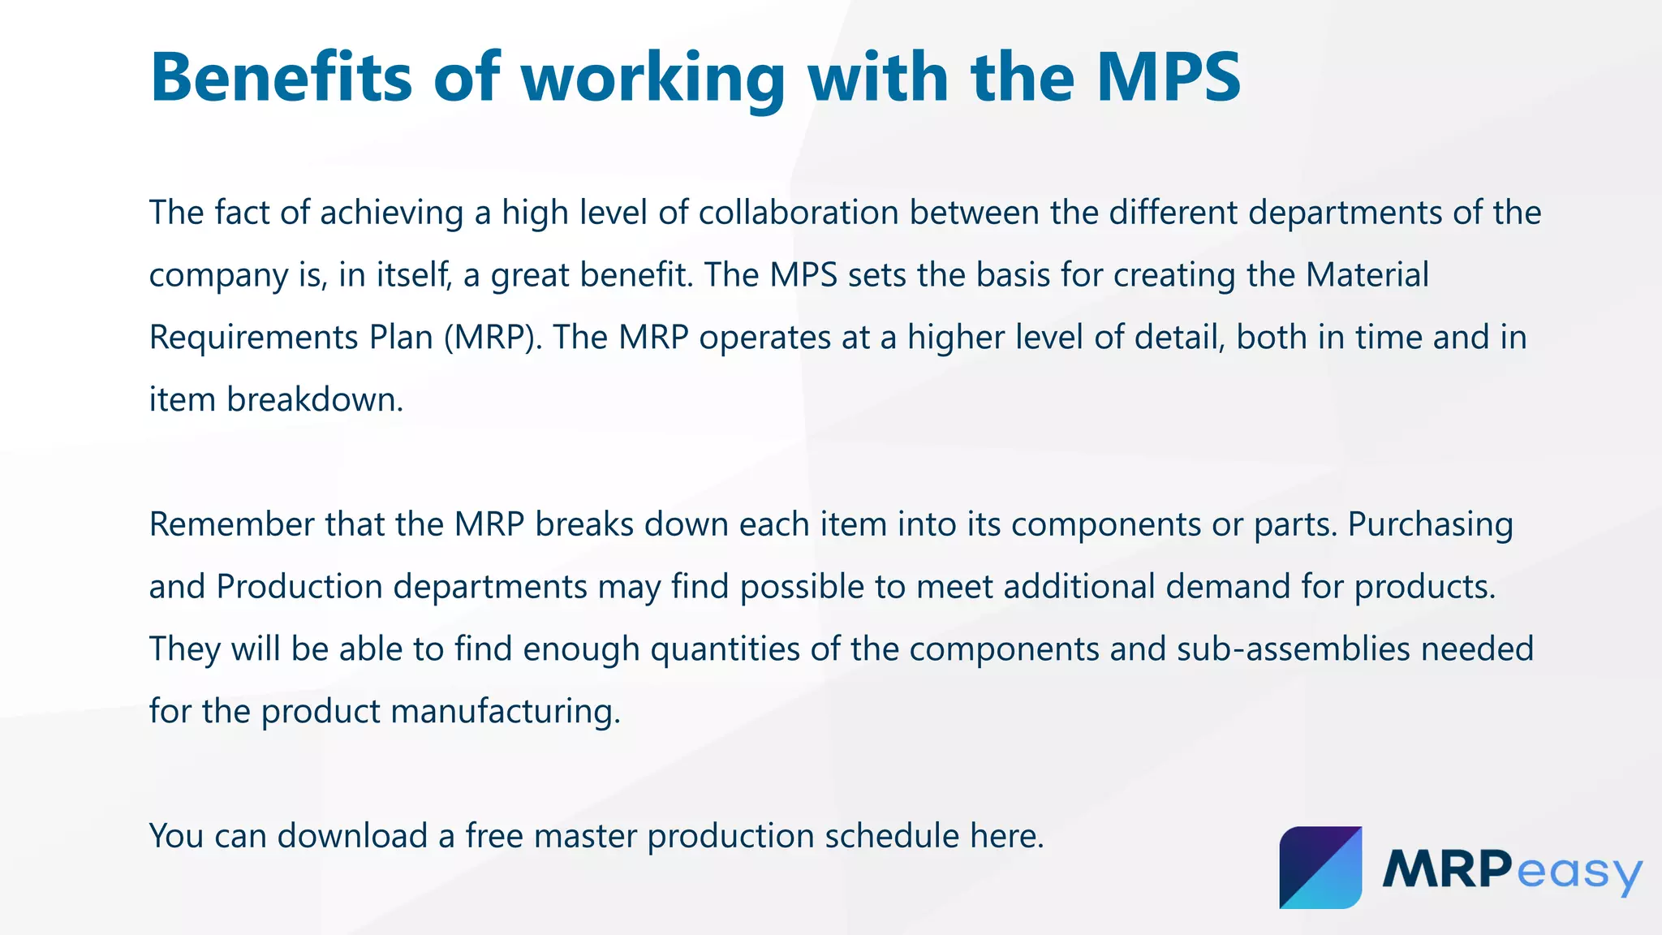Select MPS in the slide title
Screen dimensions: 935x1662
point(1168,78)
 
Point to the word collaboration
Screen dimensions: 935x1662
point(798,213)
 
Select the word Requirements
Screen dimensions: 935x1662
point(253,338)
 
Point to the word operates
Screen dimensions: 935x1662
point(764,338)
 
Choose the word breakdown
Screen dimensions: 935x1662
point(314,399)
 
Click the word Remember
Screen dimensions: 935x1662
point(232,524)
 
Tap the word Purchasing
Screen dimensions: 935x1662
point(1430,526)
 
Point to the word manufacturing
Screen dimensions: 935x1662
point(505,712)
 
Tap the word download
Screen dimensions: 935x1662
point(352,836)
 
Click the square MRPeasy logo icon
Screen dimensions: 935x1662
point(1320,868)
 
